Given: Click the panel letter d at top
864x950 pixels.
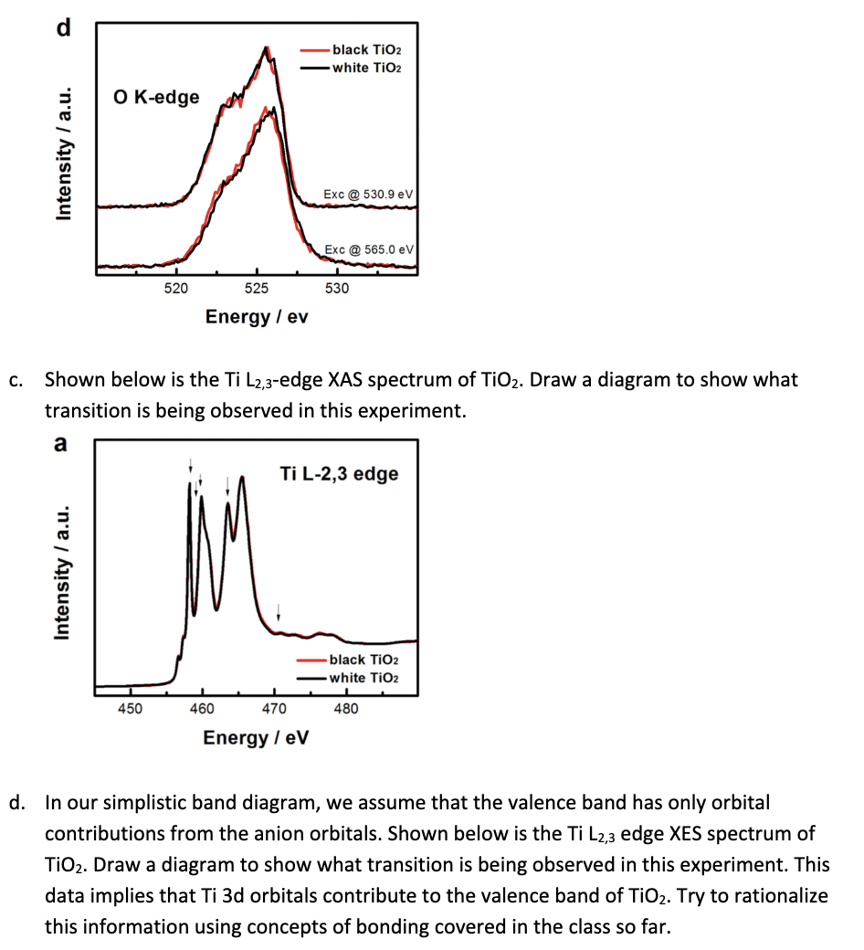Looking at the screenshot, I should coord(62,27).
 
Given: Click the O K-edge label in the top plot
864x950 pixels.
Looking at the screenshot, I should coord(156,97).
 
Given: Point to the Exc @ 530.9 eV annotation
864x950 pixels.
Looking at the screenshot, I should coord(368,195).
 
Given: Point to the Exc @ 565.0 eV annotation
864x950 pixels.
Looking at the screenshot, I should coord(370,249).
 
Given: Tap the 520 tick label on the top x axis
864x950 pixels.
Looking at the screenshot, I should coord(175,289).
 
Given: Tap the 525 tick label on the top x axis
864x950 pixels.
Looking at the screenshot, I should coord(257,289).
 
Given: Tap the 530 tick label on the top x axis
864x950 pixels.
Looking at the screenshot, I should coord(336,289).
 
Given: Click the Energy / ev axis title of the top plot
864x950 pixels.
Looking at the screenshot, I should coord(257,317).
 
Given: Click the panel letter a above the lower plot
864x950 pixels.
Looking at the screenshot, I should coord(60,444).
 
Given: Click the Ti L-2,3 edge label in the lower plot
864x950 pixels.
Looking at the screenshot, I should coord(339,473).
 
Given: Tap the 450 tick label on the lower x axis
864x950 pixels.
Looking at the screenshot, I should coord(130,709).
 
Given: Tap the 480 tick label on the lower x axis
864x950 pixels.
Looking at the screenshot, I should coord(346,709).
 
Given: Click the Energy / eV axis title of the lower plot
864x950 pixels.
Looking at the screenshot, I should coord(256,737).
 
